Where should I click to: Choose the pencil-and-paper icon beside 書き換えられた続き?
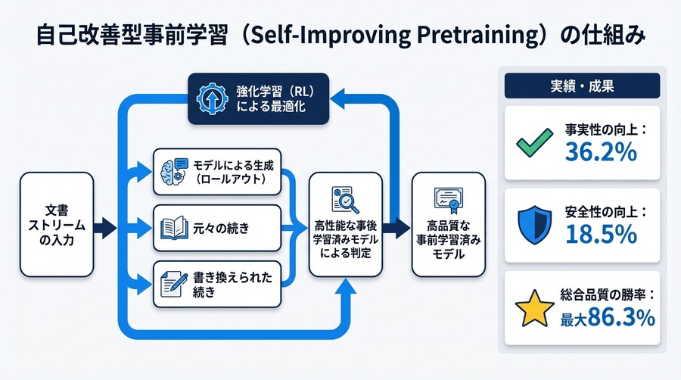(170, 280)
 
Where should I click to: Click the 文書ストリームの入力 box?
(57, 224)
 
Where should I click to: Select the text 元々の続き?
(221, 226)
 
